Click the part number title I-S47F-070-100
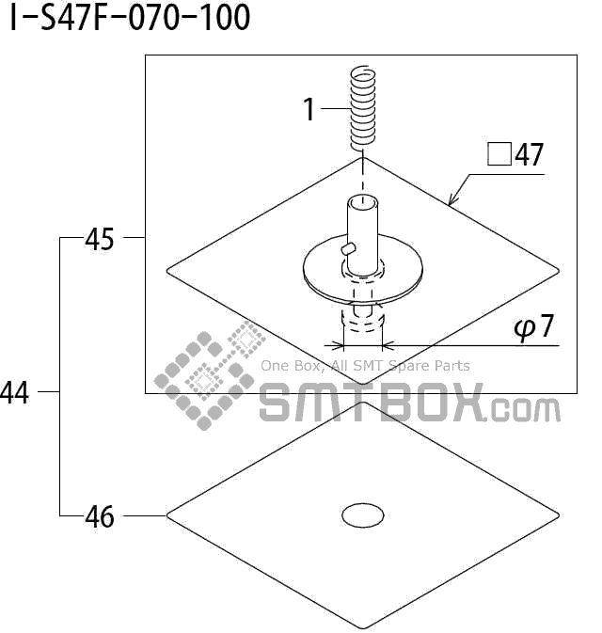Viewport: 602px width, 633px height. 130,17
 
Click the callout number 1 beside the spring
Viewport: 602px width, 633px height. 309,110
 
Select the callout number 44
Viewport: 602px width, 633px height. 15,393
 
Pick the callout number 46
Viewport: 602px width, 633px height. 100,516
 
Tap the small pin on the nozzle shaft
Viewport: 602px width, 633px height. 348,247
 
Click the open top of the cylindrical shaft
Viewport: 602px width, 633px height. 362,201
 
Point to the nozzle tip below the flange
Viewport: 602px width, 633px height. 362,323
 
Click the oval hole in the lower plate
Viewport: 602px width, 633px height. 362,514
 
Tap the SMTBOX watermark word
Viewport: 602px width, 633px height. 371,405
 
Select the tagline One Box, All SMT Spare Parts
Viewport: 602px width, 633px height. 365,366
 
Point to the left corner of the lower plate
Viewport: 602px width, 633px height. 168,515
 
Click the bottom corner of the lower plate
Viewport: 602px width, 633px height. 362,626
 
